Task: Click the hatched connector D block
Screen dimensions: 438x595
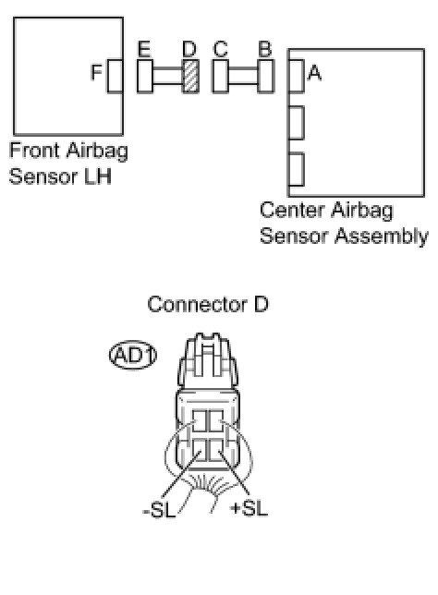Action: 190,76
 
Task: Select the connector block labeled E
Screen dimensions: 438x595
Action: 145,76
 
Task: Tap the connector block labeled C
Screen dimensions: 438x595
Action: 220,76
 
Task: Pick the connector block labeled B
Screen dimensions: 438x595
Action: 266,76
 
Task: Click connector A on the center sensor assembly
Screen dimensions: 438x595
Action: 296,76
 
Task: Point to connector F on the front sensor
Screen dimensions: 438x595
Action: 115,76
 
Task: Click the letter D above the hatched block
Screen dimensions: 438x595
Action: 189,49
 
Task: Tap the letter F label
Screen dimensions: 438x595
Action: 96,72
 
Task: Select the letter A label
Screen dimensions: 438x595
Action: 314,72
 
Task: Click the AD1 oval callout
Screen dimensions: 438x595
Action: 133,355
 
